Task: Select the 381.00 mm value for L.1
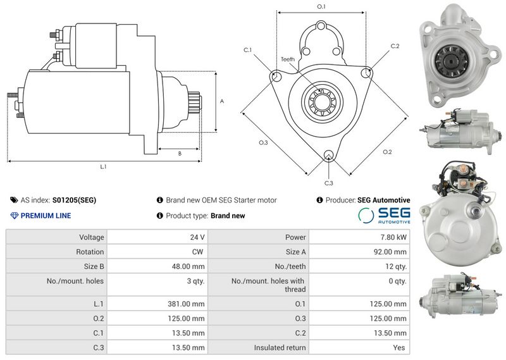click(x=186, y=304)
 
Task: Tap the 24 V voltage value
click(x=197, y=237)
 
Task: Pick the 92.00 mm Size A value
click(x=390, y=252)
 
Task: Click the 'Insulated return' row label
click(x=280, y=347)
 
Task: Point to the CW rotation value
click(x=197, y=252)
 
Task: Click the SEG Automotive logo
click(x=384, y=215)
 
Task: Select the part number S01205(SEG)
click(x=74, y=200)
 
